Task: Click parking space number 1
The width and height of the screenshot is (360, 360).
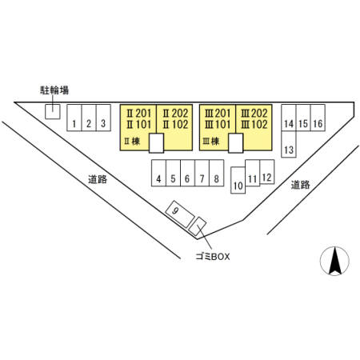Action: [x=74, y=118]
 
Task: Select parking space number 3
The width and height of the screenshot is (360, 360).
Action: [x=103, y=118]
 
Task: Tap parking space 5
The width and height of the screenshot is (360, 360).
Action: [x=173, y=173]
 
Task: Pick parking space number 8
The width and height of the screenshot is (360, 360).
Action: [x=217, y=173]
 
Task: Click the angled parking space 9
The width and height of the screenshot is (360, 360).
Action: [x=180, y=214]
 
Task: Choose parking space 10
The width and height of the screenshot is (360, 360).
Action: [x=238, y=180]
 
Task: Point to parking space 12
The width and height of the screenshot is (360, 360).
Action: [x=267, y=172]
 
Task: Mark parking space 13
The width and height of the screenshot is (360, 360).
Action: [x=289, y=144]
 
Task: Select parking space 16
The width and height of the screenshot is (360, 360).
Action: [x=318, y=118]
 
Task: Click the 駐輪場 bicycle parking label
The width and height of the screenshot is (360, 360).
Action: [x=54, y=90]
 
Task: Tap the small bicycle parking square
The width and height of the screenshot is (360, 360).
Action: [x=53, y=111]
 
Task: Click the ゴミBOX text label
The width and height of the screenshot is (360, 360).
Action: [x=213, y=257]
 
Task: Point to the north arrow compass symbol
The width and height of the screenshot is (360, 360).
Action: [x=334, y=261]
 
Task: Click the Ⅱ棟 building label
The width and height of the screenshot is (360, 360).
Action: [x=132, y=141]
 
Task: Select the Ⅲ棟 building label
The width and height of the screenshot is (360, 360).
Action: [x=211, y=141]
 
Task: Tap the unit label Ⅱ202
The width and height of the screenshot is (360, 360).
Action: [x=175, y=114]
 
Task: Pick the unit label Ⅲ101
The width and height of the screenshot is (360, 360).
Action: [x=218, y=124]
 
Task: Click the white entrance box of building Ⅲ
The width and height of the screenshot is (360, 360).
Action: [x=236, y=143]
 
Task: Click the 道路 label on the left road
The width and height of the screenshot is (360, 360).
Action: [x=98, y=179]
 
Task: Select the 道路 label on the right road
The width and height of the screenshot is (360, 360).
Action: [x=301, y=185]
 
